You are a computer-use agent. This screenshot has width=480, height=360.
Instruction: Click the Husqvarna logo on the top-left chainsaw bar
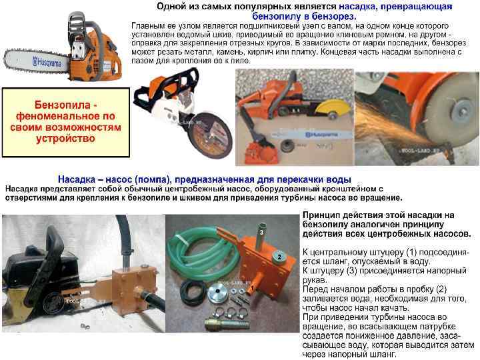pyautogui.click(x=47, y=63)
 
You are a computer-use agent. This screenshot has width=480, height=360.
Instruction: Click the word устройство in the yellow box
pyautogui.click(x=65, y=139)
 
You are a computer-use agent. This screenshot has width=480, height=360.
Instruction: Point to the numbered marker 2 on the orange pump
pyautogui.click(x=279, y=257)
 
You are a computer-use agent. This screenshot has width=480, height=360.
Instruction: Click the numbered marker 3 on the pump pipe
pyautogui.click(x=261, y=233)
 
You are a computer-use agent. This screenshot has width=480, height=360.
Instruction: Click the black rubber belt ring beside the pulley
pyautogui.click(x=192, y=292)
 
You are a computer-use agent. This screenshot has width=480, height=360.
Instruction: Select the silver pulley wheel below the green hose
pyautogui.click(x=219, y=294)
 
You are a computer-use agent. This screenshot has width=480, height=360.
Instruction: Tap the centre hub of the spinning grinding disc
pyautogui.click(x=462, y=108)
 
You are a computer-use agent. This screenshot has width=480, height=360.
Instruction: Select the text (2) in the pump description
pyautogui.click(x=441, y=289)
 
